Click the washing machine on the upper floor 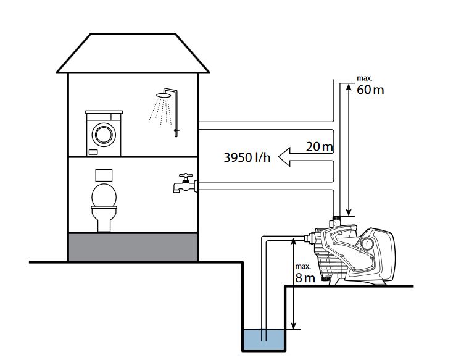(104, 132)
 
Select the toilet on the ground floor (104, 208)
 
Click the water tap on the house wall (183, 183)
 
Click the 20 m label (320, 147)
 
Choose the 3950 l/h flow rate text (247, 158)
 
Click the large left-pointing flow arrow (305, 157)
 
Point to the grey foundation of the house (133, 246)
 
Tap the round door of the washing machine (104, 133)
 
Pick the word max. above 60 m (365, 79)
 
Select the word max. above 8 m (302, 267)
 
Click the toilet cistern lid (104, 197)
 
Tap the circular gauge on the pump (368, 243)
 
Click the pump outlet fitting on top (337, 220)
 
